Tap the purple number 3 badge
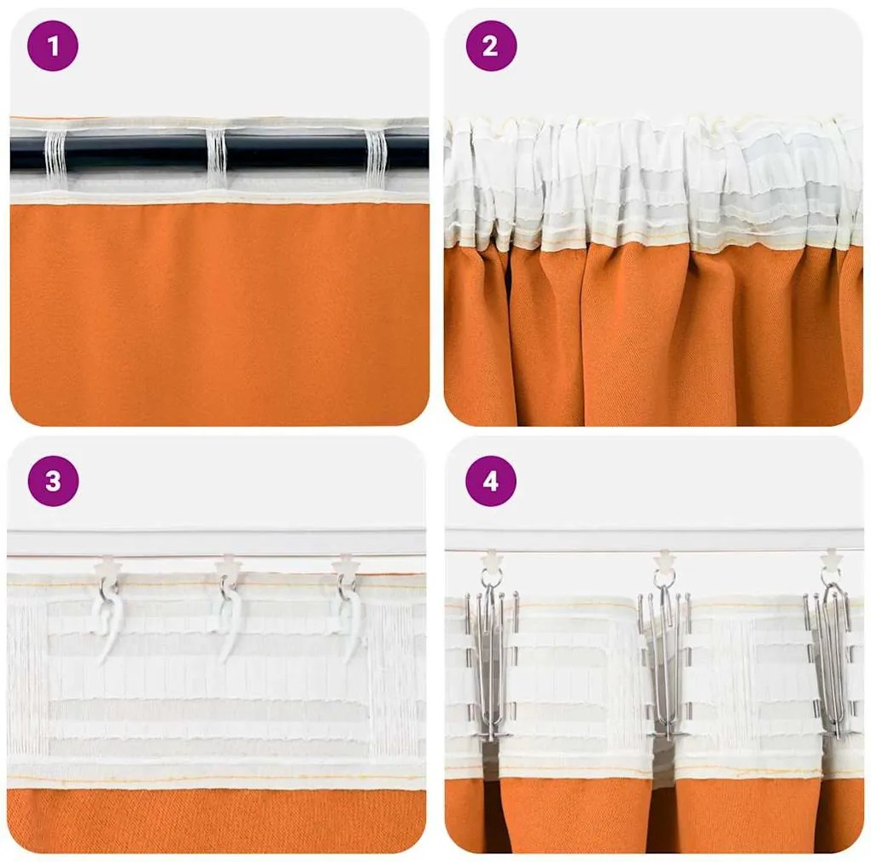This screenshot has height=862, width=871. point(53,481)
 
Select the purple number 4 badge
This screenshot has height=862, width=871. point(491,481)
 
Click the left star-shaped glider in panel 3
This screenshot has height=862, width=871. point(108,565)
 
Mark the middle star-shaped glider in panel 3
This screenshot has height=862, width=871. point(228,565)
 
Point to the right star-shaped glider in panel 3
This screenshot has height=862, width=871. point(346,565)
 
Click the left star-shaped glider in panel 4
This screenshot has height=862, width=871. point(492,560)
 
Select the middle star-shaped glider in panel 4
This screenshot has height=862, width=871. point(664,560)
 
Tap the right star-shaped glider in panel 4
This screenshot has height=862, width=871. point(830,560)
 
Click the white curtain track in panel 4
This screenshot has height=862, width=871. point(598,539)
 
